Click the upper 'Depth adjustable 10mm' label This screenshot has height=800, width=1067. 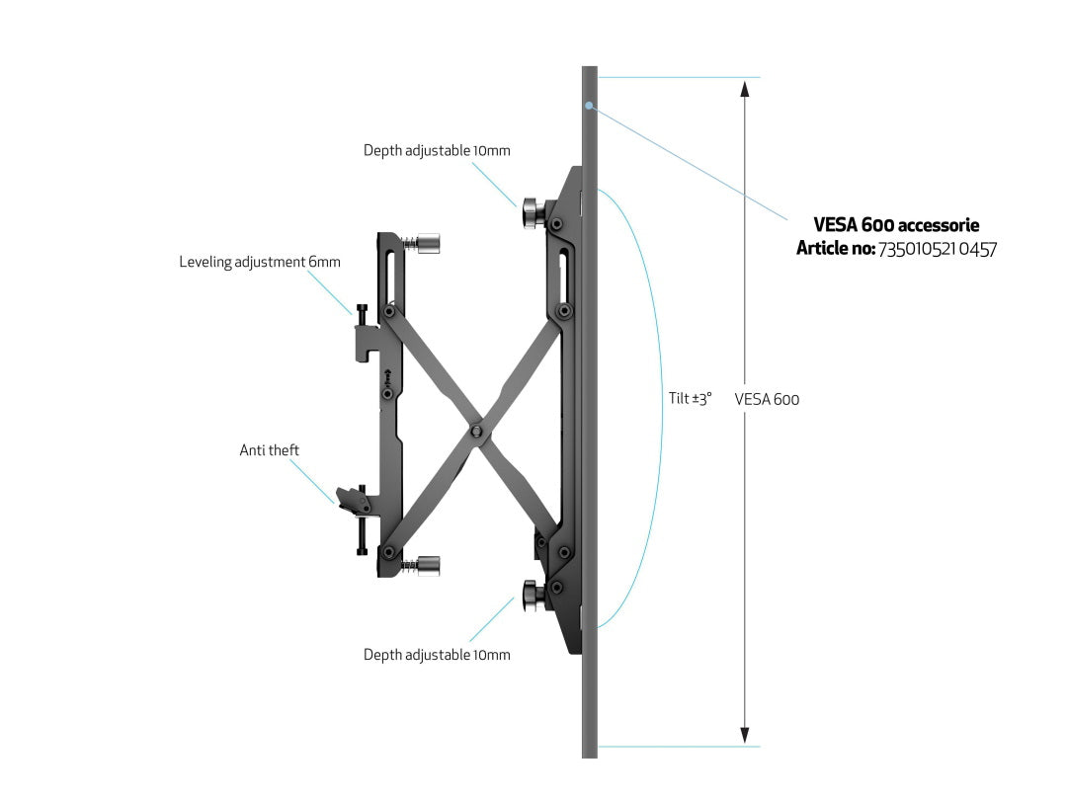tap(437, 150)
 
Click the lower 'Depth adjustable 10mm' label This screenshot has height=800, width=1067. tap(437, 655)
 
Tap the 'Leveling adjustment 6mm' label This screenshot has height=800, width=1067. tap(260, 262)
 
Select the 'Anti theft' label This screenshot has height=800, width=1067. tap(270, 450)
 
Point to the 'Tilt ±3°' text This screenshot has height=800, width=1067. tap(690, 399)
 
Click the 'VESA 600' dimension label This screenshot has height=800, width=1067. tap(767, 399)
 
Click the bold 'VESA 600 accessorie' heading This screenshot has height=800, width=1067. tap(896, 225)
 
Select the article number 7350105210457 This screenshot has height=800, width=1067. tap(938, 250)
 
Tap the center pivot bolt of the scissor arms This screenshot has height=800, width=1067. tap(476, 431)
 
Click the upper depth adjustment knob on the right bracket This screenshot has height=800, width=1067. tap(533, 213)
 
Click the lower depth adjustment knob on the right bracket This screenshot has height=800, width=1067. tap(533, 596)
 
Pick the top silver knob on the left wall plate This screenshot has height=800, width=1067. tap(428, 243)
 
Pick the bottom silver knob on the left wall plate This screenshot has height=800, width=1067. tap(428, 566)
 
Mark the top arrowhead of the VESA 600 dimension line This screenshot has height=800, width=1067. tap(745, 89)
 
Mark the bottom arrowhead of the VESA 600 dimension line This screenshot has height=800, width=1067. tap(745, 736)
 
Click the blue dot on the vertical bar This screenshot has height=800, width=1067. tap(589, 106)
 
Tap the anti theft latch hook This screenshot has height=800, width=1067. tap(353, 500)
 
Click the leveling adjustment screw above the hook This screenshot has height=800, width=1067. tap(362, 316)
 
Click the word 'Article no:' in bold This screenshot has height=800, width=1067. tap(836, 249)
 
